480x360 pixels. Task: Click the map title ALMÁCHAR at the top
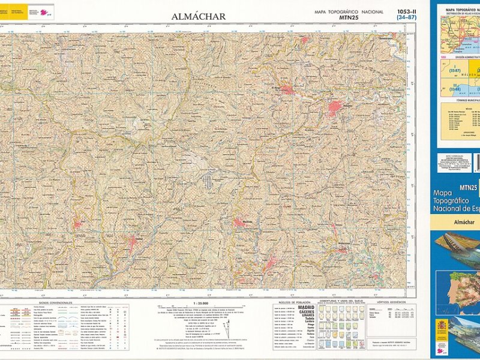click(x=199, y=17)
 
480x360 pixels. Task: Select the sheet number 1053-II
click(x=406, y=11)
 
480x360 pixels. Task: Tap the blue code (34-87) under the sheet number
click(x=406, y=18)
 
